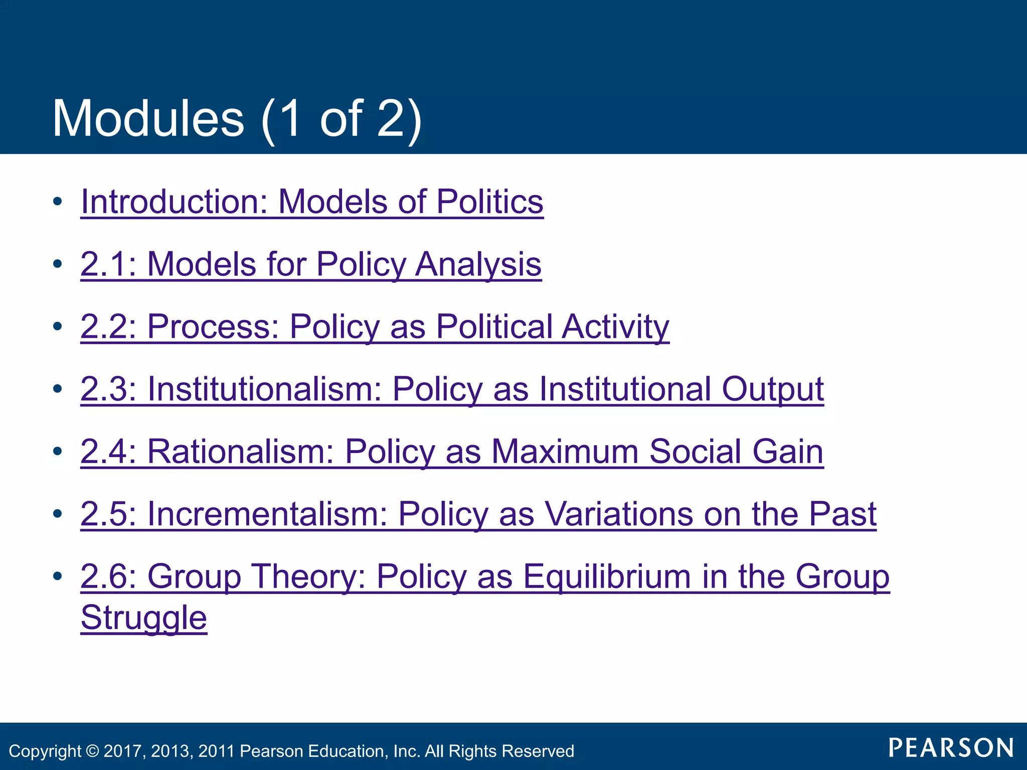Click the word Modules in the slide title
tap(148, 119)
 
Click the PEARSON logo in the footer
tap(951, 748)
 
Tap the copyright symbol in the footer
tap(92, 751)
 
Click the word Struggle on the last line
tap(144, 618)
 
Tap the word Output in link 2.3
tap(772, 389)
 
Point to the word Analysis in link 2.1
tap(478, 264)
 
